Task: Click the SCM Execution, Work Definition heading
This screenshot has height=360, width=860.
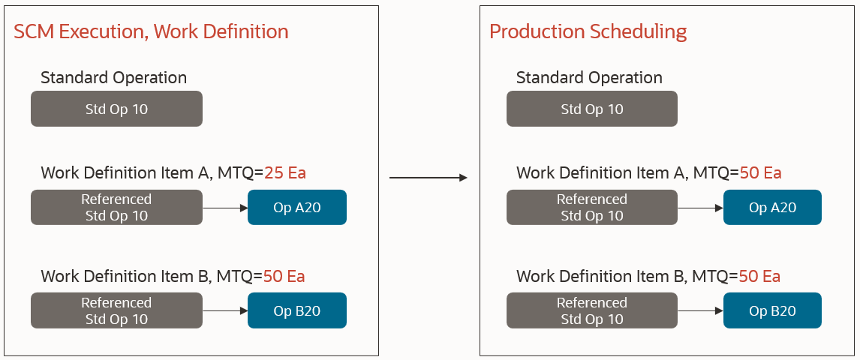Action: point(151,31)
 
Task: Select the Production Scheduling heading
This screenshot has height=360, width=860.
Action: point(588,31)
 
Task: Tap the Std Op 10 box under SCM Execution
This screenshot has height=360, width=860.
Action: point(116,109)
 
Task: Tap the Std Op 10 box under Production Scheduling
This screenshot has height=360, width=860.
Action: point(592,109)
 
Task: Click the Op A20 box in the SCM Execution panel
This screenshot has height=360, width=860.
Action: point(297,208)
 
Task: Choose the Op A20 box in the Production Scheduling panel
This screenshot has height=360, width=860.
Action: point(772,208)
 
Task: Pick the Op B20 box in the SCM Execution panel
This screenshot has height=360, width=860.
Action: point(297,311)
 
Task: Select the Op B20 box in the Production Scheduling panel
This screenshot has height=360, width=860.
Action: point(772,311)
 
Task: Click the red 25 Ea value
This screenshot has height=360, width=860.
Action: point(284,173)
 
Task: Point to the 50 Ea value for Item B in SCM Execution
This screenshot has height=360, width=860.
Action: point(284,276)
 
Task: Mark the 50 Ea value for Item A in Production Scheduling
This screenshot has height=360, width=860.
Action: point(760,173)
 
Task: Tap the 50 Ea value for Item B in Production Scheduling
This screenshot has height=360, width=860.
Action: point(759,276)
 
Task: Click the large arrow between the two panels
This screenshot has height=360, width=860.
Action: point(428,178)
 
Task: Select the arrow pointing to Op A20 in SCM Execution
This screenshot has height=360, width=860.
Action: point(225,208)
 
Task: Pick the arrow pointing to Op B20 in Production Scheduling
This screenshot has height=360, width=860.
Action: point(700,311)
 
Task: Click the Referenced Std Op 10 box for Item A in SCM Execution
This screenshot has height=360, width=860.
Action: point(116,208)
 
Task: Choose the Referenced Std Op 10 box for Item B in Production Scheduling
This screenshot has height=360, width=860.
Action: point(592,311)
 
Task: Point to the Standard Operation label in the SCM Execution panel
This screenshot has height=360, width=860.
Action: point(113,78)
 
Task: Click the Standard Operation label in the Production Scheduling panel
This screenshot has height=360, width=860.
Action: point(589,78)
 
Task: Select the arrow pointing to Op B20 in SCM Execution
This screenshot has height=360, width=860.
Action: point(225,311)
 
